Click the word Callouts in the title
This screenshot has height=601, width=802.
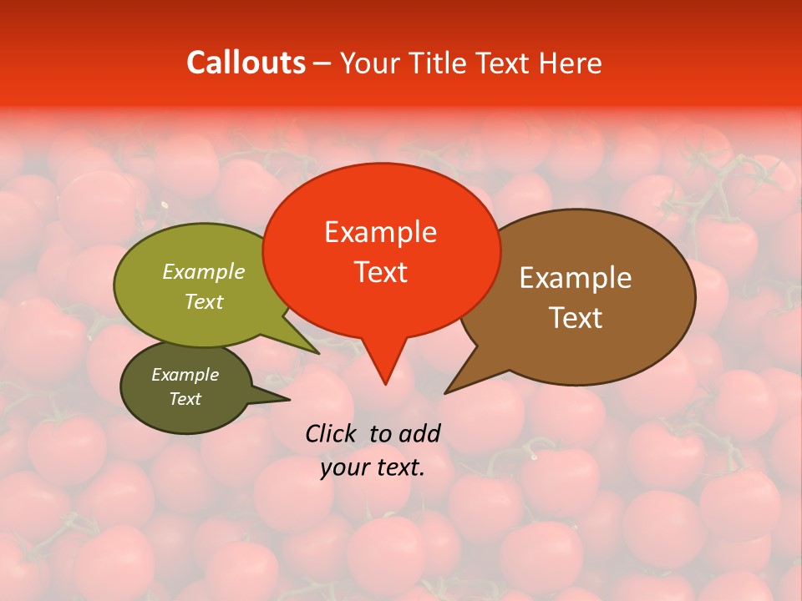[x=246, y=63]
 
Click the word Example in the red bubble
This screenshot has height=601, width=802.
[x=380, y=232]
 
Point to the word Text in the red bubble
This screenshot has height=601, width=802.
[x=380, y=272]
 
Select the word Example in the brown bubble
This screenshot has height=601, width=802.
[x=576, y=278]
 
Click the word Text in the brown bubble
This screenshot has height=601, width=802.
[x=576, y=318]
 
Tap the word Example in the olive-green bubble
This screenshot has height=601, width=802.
[x=204, y=271]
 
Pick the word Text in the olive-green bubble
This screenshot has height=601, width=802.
[x=204, y=301]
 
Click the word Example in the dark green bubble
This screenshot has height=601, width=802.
[x=185, y=375]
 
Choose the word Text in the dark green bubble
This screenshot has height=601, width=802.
[x=185, y=399]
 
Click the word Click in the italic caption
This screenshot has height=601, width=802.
[x=332, y=433]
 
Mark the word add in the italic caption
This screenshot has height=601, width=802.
[x=419, y=433]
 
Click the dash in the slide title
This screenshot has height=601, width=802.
[x=323, y=63]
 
